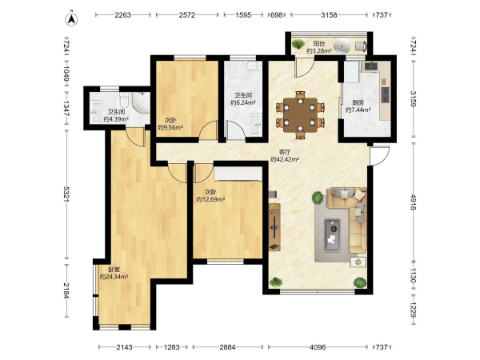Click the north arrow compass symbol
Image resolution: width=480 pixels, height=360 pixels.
[x=71, y=18]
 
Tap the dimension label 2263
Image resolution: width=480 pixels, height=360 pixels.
[x=122, y=14]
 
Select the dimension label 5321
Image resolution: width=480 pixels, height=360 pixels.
[x=66, y=194]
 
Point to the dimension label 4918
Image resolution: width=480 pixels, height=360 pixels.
[x=414, y=202]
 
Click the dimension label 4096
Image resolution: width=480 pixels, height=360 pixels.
[x=318, y=347]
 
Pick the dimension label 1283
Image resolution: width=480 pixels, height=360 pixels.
[x=171, y=347]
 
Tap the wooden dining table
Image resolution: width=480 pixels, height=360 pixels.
[x=300, y=115]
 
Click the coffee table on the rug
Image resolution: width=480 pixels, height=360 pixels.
[x=332, y=235]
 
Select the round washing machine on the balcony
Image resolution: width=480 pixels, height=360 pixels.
[x=342, y=46]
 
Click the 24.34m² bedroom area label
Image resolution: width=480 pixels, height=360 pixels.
[x=114, y=273]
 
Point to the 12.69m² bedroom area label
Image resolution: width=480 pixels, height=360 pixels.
[x=210, y=196]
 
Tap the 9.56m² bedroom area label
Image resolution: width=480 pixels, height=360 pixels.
[x=170, y=124]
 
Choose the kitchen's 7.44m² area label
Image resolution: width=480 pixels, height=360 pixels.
[x=358, y=106]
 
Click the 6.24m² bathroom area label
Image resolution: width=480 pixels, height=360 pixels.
[x=243, y=99]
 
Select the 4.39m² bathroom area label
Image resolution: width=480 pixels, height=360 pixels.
[x=116, y=116]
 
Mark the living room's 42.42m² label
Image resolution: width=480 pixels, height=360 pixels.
[x=285, y=155]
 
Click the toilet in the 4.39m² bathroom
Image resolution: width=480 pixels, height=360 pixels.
[x=124, y=98]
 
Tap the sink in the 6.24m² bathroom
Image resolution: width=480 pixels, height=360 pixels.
[x=256, y=124]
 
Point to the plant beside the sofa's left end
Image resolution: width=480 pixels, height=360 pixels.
[x=318, y=198]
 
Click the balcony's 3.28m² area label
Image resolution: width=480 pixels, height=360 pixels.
[x=319, y=47]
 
